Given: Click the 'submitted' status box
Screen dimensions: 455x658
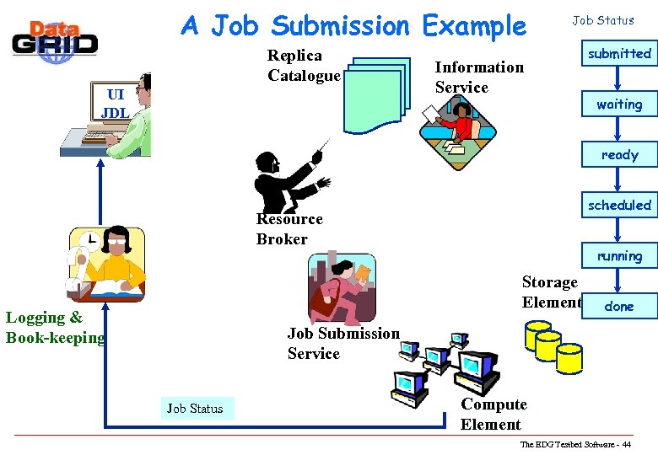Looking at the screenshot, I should (619, 54).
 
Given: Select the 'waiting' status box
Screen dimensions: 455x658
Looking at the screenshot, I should (619, 104).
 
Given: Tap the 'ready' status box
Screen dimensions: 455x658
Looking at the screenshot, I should (619, 155).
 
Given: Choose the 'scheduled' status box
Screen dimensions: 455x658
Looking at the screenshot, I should (619, 205).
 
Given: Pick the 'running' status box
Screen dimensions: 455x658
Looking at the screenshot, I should (619, 255).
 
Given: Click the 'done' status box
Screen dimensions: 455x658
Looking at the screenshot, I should (619, 306).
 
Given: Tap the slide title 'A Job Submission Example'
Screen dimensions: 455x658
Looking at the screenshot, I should (353, 26).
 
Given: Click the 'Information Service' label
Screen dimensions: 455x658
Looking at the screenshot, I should (478, 77).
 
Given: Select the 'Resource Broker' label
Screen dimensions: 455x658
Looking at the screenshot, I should (289, 229).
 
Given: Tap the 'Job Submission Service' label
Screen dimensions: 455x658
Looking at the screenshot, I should (342, 344).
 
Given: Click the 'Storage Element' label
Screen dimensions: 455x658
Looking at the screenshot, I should (550, 292).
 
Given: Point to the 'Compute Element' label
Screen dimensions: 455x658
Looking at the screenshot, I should (493, 415).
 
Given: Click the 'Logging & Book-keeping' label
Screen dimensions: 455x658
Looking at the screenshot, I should (55, 328).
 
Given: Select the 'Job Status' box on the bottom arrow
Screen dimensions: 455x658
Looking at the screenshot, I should (195, 409).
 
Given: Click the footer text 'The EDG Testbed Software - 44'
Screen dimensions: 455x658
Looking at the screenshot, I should (575, 444).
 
